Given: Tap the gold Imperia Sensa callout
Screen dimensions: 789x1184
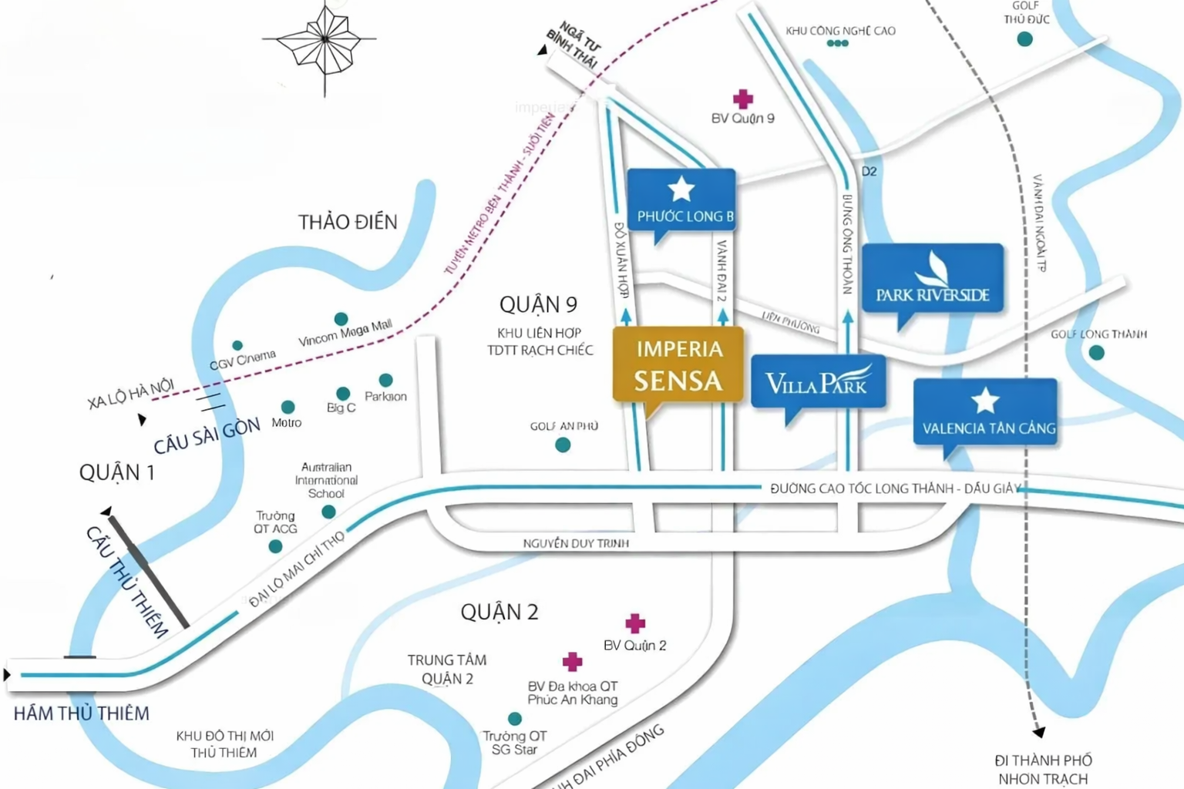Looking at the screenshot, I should point(678,365).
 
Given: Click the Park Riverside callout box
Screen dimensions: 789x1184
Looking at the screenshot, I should point(933,279).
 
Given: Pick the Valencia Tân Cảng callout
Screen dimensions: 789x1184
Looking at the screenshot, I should point(985,412).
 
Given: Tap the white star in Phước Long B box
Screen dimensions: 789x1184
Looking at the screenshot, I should point(681,189).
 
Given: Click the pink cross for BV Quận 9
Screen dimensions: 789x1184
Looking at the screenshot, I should point(743,99).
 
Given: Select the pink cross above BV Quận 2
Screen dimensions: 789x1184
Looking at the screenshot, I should point(635,623).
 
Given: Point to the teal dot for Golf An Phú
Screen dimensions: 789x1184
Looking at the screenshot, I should point(563,445).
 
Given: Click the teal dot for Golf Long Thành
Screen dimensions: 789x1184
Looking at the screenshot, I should point(1096,353).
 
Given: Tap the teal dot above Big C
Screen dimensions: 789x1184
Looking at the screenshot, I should point(343,394).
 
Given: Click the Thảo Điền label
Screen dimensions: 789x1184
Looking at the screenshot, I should point(348,222).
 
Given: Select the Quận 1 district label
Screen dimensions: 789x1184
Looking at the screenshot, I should point(117,472).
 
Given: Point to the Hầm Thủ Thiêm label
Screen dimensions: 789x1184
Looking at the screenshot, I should point(82,713).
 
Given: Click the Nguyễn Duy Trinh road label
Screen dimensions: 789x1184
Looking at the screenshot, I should point(576,543).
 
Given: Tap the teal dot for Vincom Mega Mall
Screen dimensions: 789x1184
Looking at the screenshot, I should point(341,319).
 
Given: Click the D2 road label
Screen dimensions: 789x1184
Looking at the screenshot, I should point(869,171).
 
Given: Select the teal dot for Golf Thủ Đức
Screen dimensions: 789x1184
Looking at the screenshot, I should point(1024,39).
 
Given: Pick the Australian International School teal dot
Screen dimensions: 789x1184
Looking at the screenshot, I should point(328,512).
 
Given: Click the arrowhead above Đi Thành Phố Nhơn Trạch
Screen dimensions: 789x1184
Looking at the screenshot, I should point(1039,732).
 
